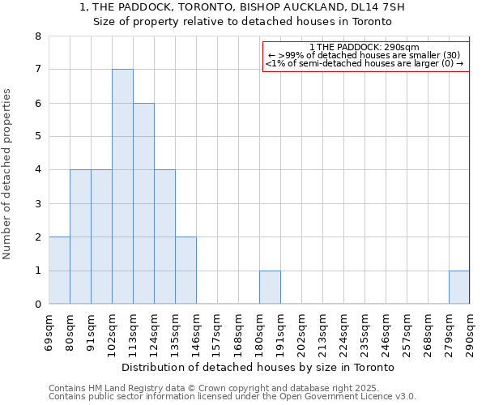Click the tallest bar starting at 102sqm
point(122,186)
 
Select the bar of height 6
point(143,203)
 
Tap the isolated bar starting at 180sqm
point(270,288)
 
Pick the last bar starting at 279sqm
point(459,288)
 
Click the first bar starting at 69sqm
point(59,271)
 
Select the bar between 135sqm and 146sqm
point(185,271)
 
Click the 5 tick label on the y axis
point(37,136)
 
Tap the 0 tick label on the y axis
point(37,305)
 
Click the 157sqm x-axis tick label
point(217,333)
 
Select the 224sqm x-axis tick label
point(343,333)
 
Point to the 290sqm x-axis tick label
point(470,333)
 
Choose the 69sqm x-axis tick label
point(49,331)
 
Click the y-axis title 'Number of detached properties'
point(7,174)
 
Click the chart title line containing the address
point(242,7)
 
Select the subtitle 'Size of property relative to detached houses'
point(242,22)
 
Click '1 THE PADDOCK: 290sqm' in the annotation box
point(364,47)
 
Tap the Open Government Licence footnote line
point(232,397)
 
